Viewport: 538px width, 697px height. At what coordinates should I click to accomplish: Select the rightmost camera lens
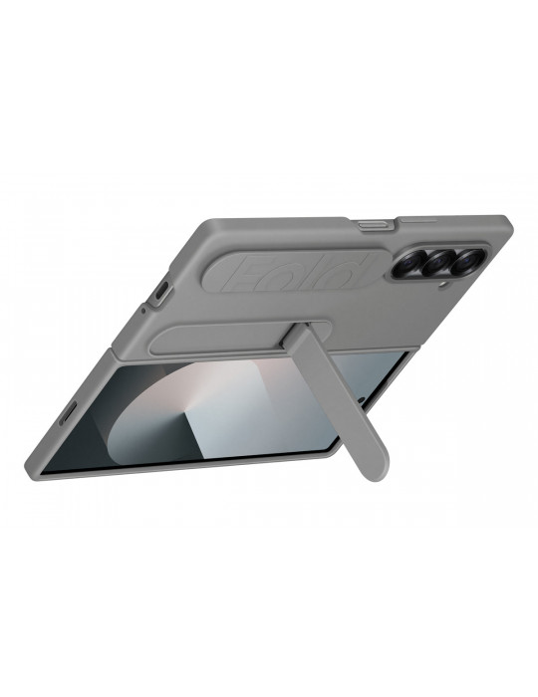point(465,262)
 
